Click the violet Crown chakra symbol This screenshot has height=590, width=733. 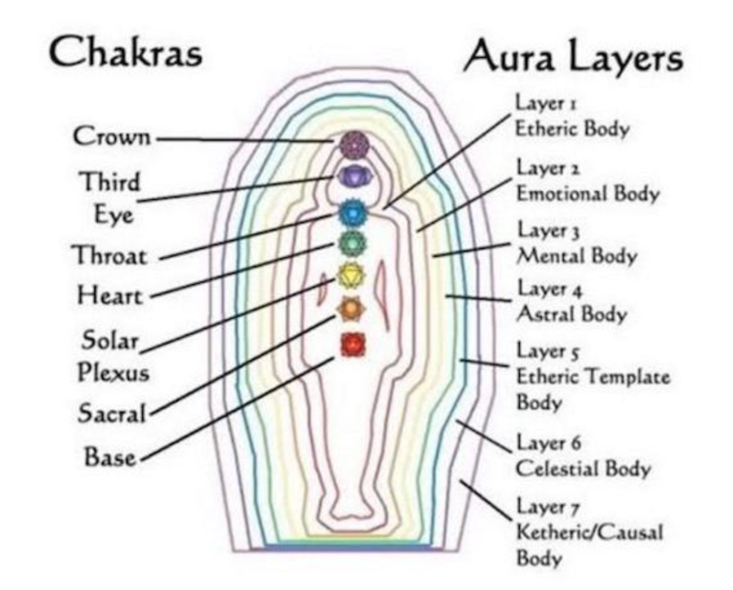(x=352, y=144)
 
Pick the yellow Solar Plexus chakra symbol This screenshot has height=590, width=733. (x=352, y=276)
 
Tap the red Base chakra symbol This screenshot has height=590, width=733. (x=352, y=344)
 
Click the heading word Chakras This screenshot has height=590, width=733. (x=126, y=53)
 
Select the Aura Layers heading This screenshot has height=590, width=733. (x=573, y=58)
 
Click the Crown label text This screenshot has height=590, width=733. (x=112, y=137)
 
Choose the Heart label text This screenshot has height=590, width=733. (x=110, y=296)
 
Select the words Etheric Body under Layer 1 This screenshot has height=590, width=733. (x=572, y=128)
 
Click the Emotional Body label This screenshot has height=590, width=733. (x=587, y=194)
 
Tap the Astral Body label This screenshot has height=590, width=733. (x=572, y=315)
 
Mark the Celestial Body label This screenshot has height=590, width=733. (x=583, y=469)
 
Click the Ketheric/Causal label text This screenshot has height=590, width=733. (x=589, y=533)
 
